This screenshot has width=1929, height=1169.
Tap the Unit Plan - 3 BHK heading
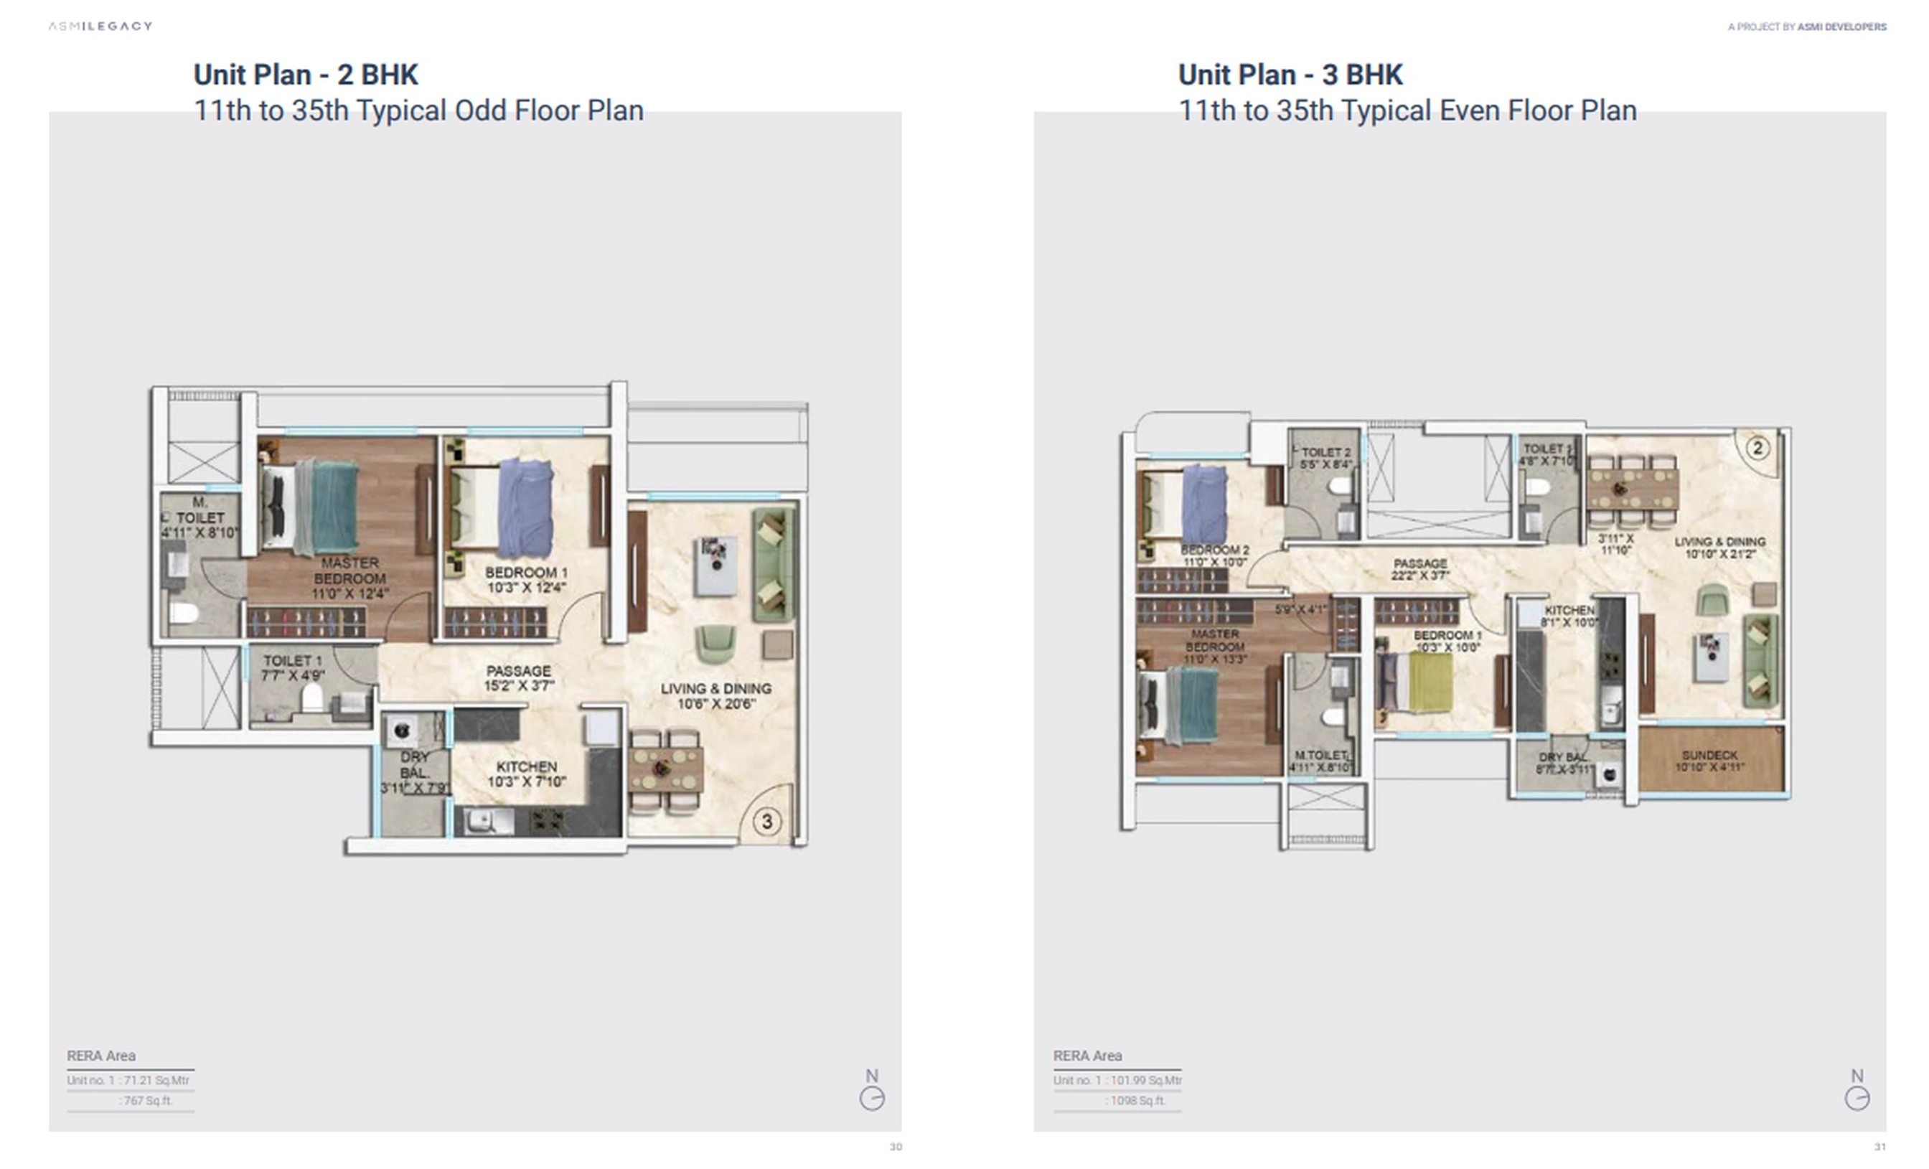pyautogui.click(x=1290, y=75)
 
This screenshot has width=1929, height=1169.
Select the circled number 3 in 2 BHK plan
pyautogui.click(x=766, y=822)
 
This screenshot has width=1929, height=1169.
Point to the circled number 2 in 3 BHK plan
pyautogui.click(x=1757, y=448)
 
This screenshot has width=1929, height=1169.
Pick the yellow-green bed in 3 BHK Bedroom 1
pyautogui.click(x=1429, y=682)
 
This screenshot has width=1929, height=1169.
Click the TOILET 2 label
pyautogui.click(x=1325, y=453)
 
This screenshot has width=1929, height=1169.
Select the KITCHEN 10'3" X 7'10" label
pyautogui.click(x=526, y=774)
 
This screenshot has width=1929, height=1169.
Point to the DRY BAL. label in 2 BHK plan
pyautogui.click(x=414, y=765)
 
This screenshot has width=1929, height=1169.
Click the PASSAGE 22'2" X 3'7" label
pyautogui.click(x=1419, y=569)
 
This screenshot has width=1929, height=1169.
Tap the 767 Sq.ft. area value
pyautogui.click(x=147, y=1100)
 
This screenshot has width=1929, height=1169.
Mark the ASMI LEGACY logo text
pyautogui.click(x=100, y=26)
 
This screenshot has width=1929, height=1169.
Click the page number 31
pyautogui.click(x=1879, y=1147)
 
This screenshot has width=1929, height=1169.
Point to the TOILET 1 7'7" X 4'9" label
pyautogui.click(x=292, y=667)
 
